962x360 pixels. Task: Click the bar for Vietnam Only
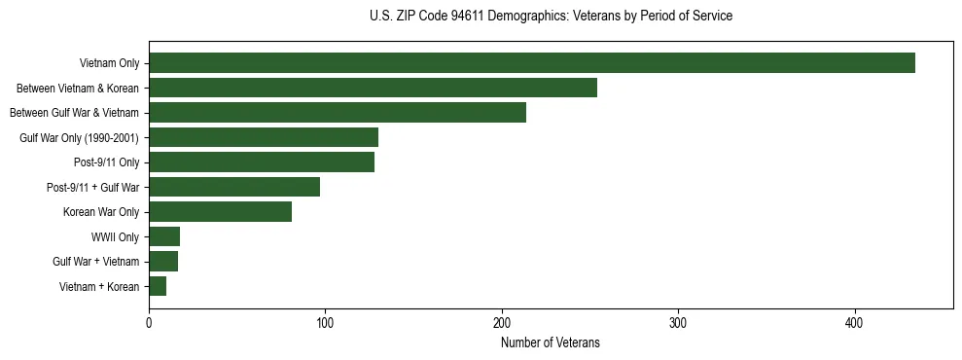[532, 63]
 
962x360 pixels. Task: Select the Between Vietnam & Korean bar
[373, 88]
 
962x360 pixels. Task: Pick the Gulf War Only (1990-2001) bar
[264, 137]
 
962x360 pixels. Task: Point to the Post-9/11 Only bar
[262, 162]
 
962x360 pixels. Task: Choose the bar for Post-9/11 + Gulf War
[234, 187]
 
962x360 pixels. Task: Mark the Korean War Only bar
[220, 212]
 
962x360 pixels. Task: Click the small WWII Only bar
[164, 236]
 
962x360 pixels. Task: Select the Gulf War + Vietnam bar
[163, 262]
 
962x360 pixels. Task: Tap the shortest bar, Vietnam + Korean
[158, 286]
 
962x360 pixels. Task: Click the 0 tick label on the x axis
[149, 322]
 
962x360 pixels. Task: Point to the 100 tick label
[325, 322]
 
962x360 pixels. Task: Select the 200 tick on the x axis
[502, 322]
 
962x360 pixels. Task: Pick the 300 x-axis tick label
[678, 322]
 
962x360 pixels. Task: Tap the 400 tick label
[855, 322]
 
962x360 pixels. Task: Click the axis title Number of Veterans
[551, 342]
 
